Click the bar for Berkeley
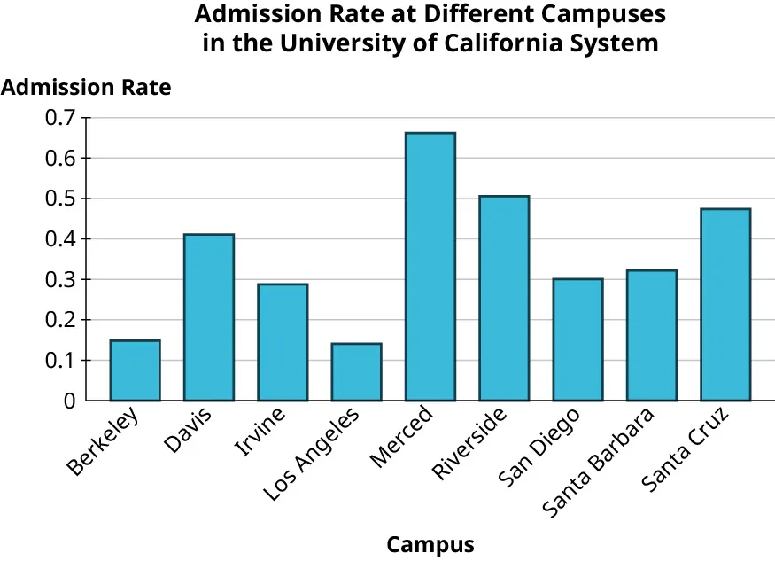tap(135, 370)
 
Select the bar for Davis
tap(209, 317)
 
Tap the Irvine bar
tap(283, 342)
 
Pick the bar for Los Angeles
tap(356, 372)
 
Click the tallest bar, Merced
tap(430, 267)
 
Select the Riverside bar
tap(504, 299)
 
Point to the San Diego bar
tap(577, 339)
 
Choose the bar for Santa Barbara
tap(651, 335)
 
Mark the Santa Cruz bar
tap(725, 305)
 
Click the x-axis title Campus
tap(430, 544)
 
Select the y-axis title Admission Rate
tap(87, 88)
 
